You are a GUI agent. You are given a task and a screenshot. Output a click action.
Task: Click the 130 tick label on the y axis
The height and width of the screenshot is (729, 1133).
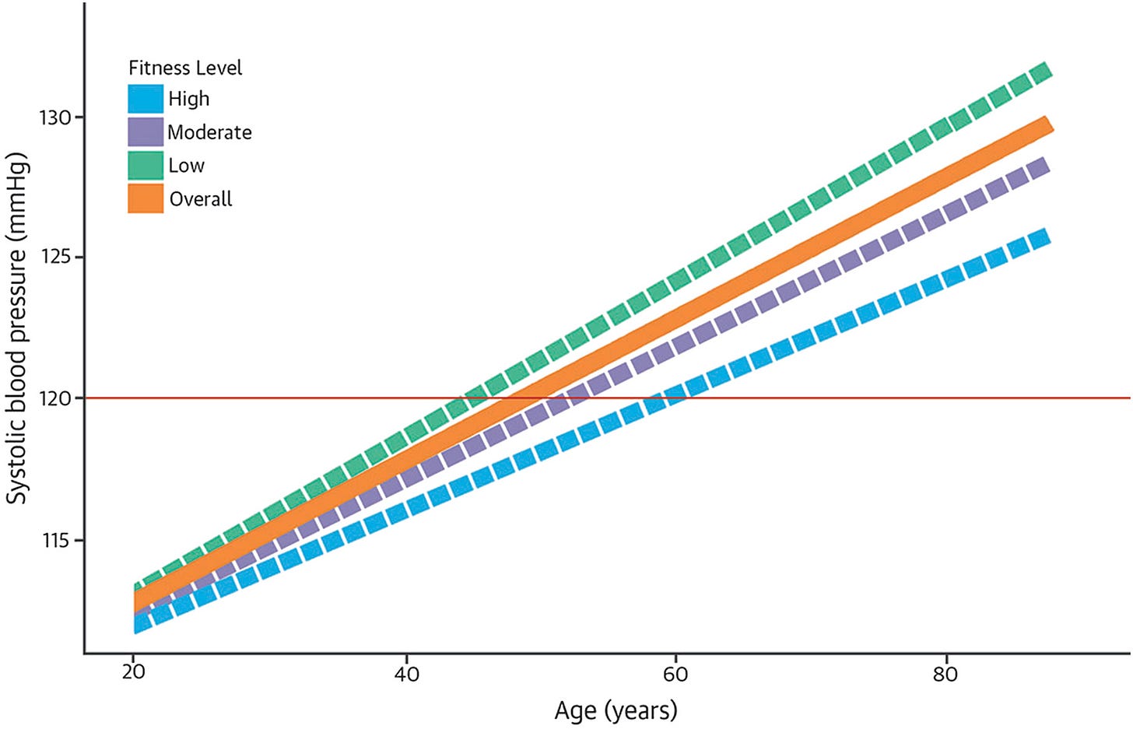coord(55,117)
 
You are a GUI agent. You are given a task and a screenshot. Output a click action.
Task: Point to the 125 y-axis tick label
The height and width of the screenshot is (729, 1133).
coord(55,258)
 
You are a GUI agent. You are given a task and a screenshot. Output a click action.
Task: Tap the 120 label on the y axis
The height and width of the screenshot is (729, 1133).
coord(55,398)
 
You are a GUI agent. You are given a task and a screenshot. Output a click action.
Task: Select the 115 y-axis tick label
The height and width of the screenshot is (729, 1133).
coord(55,540)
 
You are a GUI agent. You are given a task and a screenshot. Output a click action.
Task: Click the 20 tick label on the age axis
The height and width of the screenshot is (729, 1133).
coord(133,673)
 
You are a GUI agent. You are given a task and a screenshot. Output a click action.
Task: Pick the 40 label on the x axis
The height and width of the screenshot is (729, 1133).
coord(407,674)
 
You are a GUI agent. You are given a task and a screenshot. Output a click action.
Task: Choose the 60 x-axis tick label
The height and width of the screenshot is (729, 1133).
coord(675,674)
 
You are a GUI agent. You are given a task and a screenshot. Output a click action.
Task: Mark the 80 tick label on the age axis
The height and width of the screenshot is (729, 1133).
coord(945,674)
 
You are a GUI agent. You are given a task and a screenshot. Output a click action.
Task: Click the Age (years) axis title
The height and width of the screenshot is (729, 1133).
coord(616,711)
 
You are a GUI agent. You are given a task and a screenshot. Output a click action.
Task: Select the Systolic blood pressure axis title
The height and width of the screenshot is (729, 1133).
coord(17,328)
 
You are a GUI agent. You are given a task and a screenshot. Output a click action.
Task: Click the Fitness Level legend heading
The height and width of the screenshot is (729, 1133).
coord(185,68)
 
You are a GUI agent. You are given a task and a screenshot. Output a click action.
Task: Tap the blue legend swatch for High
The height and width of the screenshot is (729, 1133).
coord(146,99)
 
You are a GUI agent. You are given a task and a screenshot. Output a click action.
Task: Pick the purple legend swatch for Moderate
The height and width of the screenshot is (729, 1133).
coord(146,132)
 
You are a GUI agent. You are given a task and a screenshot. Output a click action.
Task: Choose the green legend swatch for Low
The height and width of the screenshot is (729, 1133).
coord(146,165)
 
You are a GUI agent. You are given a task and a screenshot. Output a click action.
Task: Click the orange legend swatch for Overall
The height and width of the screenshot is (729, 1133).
coord(146,198)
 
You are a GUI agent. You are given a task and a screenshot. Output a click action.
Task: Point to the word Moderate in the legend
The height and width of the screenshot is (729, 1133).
coord(209,132)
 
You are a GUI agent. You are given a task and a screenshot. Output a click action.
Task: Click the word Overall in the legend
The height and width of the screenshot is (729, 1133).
coord(201,199)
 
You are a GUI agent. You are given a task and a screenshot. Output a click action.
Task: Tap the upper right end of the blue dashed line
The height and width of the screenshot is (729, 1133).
coord(1047,236)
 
